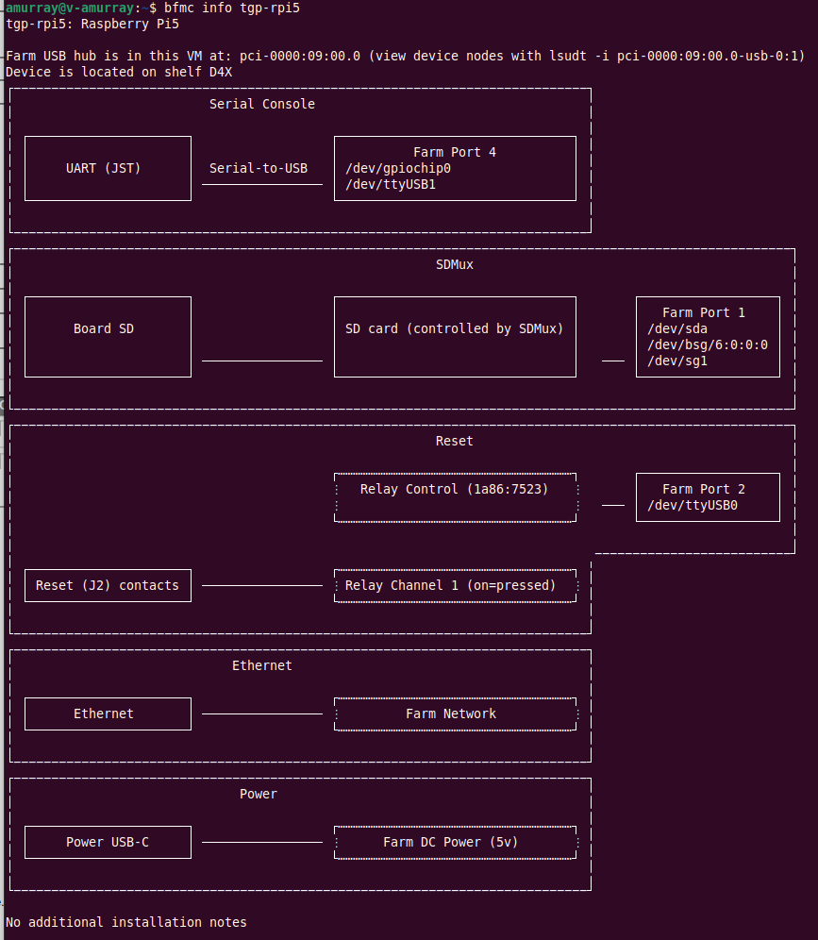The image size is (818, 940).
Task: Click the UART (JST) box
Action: [x=108, y=168]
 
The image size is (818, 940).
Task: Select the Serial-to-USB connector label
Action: [x=259, y=168]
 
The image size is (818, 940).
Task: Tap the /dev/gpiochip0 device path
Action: [x=398, y=168]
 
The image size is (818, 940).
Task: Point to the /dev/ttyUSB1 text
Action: [x=391, y=184]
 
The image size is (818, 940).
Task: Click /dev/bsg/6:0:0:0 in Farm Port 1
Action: [x=708, y=344]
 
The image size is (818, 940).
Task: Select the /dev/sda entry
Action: [x=677, y=328]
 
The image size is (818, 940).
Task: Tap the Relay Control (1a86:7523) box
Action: [x=455, y=496]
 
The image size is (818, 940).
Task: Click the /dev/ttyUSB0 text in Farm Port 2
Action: [x=693, y=505]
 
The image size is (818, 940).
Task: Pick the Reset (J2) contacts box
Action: [x=108, y=585]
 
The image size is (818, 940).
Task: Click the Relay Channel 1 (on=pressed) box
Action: [x=455, y=585]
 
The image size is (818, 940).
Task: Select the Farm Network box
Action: [x=455, y=713]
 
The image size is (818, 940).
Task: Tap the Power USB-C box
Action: [x=108, y=842]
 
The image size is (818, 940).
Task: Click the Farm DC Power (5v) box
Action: [x=455, y=842]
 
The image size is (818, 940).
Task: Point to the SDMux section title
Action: [x=455, y=264]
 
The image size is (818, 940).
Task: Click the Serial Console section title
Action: [x=262, y=104]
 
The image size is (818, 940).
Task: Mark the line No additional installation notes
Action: [x=126, y=922]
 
